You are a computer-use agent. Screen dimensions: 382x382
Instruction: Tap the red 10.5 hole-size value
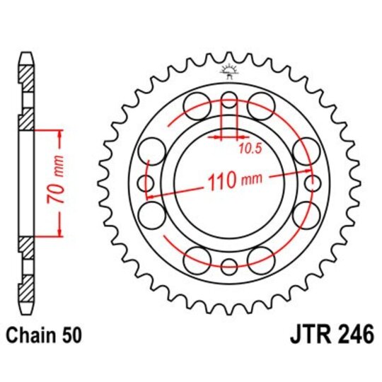(248, 148)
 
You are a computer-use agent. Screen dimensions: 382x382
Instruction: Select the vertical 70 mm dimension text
(61, 183)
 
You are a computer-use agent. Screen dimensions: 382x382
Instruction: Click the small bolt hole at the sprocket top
(228, 98)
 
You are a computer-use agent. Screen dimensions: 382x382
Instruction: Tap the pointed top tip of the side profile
(25, 54)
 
